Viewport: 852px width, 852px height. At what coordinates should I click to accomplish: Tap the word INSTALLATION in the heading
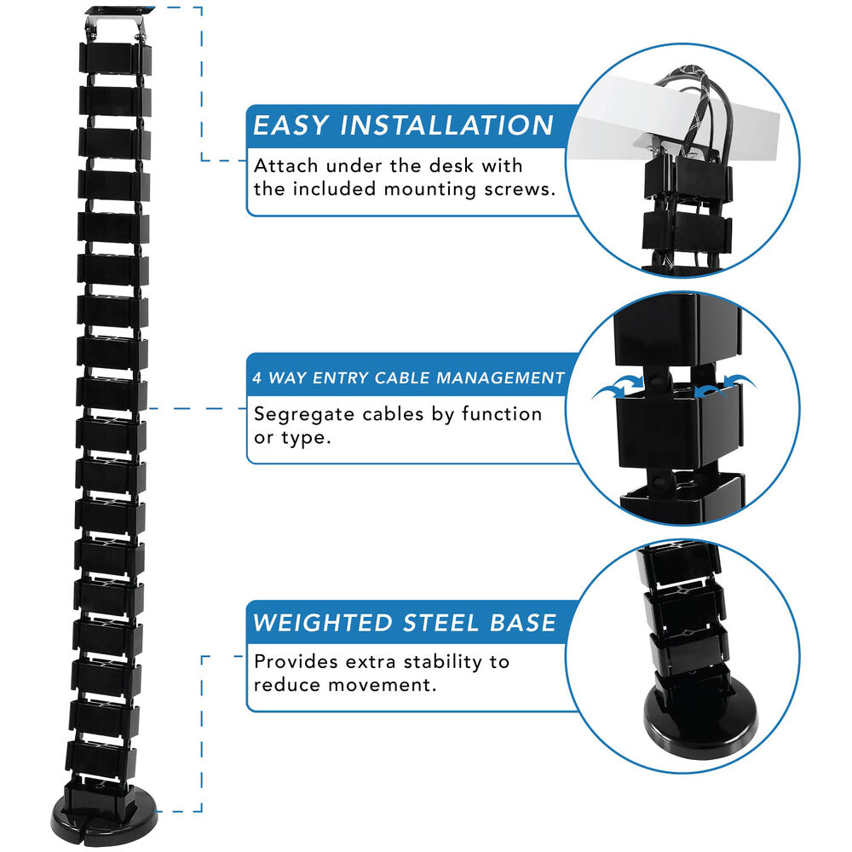[x=446, y=125]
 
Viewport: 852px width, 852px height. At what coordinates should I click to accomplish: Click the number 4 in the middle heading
[x=257, y=377]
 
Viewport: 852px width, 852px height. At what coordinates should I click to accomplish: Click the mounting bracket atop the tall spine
[x=118, y=16]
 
